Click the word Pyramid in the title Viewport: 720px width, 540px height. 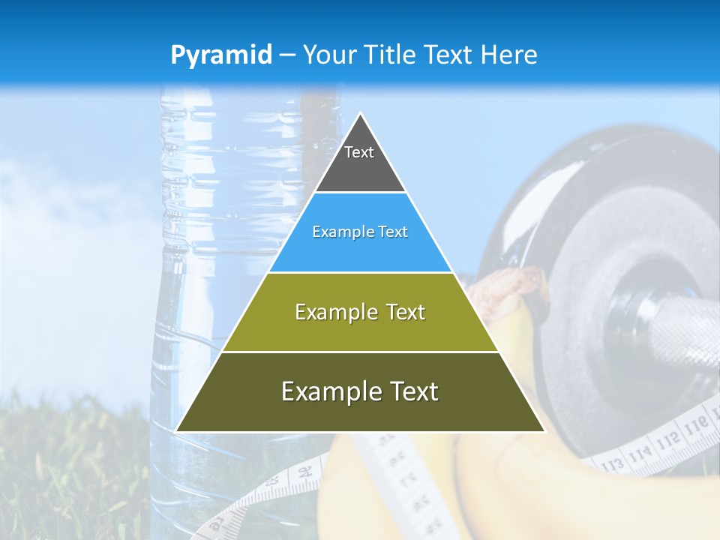[x=220, y=55]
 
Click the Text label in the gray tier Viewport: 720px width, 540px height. [x=359, y=152]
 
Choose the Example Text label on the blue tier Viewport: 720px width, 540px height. [x=360, y=232]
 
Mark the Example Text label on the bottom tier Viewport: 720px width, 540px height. [x=360, y=391]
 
